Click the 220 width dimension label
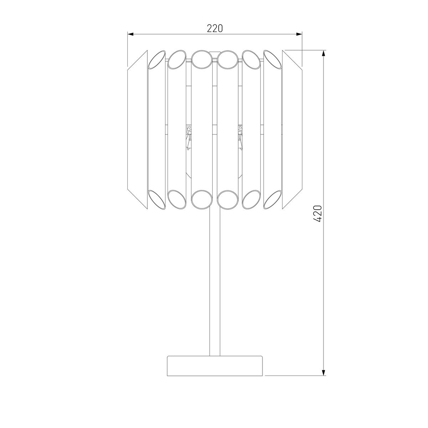215,28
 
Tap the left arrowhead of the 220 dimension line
131,34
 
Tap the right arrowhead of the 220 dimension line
300,34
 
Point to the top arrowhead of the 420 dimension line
323,53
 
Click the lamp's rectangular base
215,366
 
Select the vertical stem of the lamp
215,282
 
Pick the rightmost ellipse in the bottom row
273,199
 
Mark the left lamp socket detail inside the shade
189,136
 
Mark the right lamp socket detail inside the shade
240,136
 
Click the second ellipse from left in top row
177,59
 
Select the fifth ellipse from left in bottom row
252,199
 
